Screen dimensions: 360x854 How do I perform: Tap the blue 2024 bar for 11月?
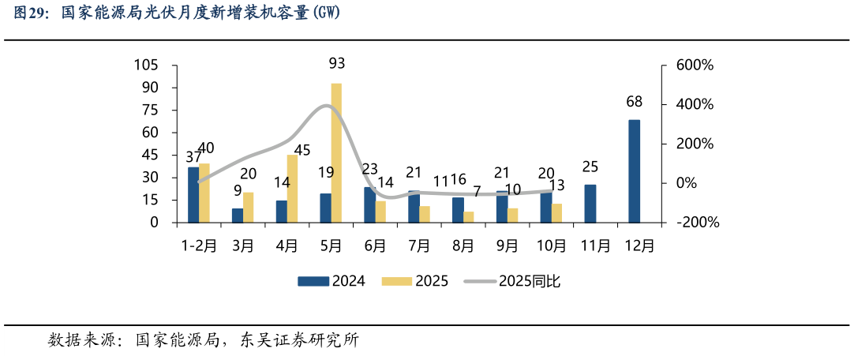[x=590, y=204]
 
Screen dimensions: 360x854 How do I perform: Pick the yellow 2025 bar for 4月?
[x=292, y=189]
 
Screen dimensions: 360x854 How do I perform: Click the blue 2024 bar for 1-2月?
[x=193, y=195]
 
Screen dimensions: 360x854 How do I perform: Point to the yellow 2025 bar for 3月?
[x=248, y=208]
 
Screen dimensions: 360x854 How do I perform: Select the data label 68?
[x=634, y=102]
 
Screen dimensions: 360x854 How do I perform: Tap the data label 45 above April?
[x=302, y=150]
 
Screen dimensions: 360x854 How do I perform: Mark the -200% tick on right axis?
[x=698, y=223]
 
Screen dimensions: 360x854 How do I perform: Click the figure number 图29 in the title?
[x=29, y=13]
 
